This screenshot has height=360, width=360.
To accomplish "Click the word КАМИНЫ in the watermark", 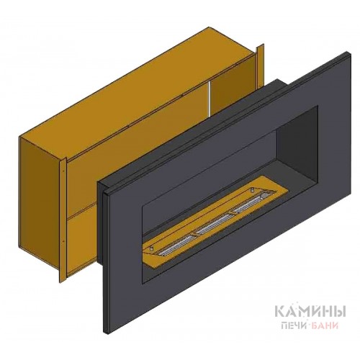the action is click(310, 312).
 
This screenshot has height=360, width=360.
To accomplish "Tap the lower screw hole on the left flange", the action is click(63, 240).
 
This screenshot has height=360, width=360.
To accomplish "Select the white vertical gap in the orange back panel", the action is click(210, 98).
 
